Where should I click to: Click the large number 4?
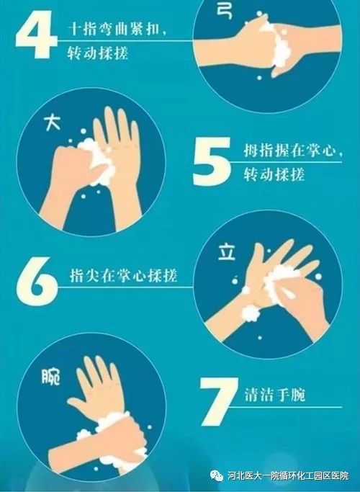tap(37, 35)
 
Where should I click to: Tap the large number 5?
tap(212, 161)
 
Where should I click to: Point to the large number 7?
tap(219, 401)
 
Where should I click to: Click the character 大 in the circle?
tap(52, 122)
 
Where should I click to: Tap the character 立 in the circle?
tap(226, 252)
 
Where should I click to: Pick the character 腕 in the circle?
tap(51, 376)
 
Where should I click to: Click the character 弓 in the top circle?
tap(225, 12)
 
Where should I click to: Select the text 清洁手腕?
tap(275, 395)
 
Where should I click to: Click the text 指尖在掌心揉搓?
tap(123, 275)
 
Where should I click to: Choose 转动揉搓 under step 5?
tap(274, 174)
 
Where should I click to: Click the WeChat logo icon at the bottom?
tap(217, 475)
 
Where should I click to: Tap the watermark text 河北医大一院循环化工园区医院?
tap(289, 475)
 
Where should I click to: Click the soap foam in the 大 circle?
tap(97, 161)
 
